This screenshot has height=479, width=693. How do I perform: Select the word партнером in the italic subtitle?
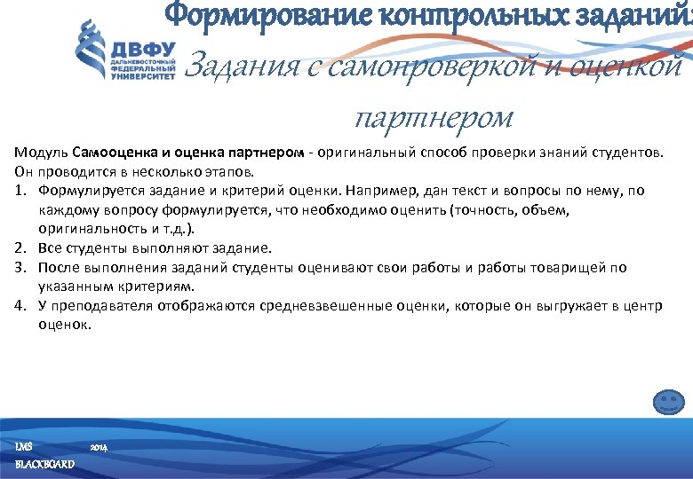[x=434, y=115]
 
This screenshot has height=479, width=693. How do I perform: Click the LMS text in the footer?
[x=24, y=444]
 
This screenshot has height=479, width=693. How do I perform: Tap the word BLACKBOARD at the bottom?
[x=44, y=465]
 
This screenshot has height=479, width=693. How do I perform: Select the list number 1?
[x=20, y=191]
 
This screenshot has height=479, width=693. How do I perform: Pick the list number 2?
[x=20, y=248]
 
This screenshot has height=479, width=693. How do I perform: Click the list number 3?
[x=20, y=267]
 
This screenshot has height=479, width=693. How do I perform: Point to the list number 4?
[x=20, y=306]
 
